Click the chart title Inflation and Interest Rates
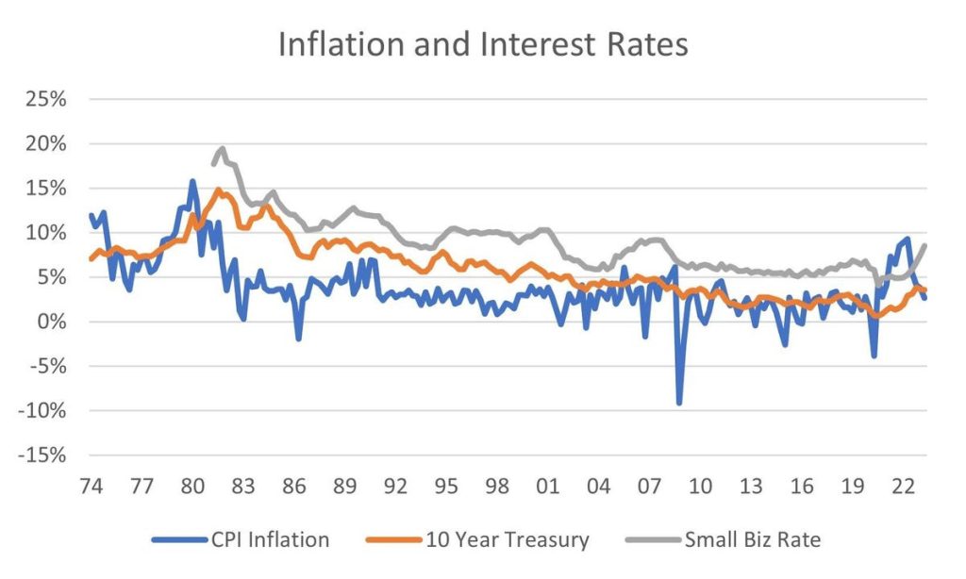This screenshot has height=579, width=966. coord(482,44)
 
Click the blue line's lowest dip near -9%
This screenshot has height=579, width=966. coord(678,403)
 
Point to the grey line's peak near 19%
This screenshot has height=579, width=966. coord(222,148)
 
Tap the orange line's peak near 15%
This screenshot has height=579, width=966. coord(219,190)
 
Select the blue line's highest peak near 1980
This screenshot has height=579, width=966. coord(192,181)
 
